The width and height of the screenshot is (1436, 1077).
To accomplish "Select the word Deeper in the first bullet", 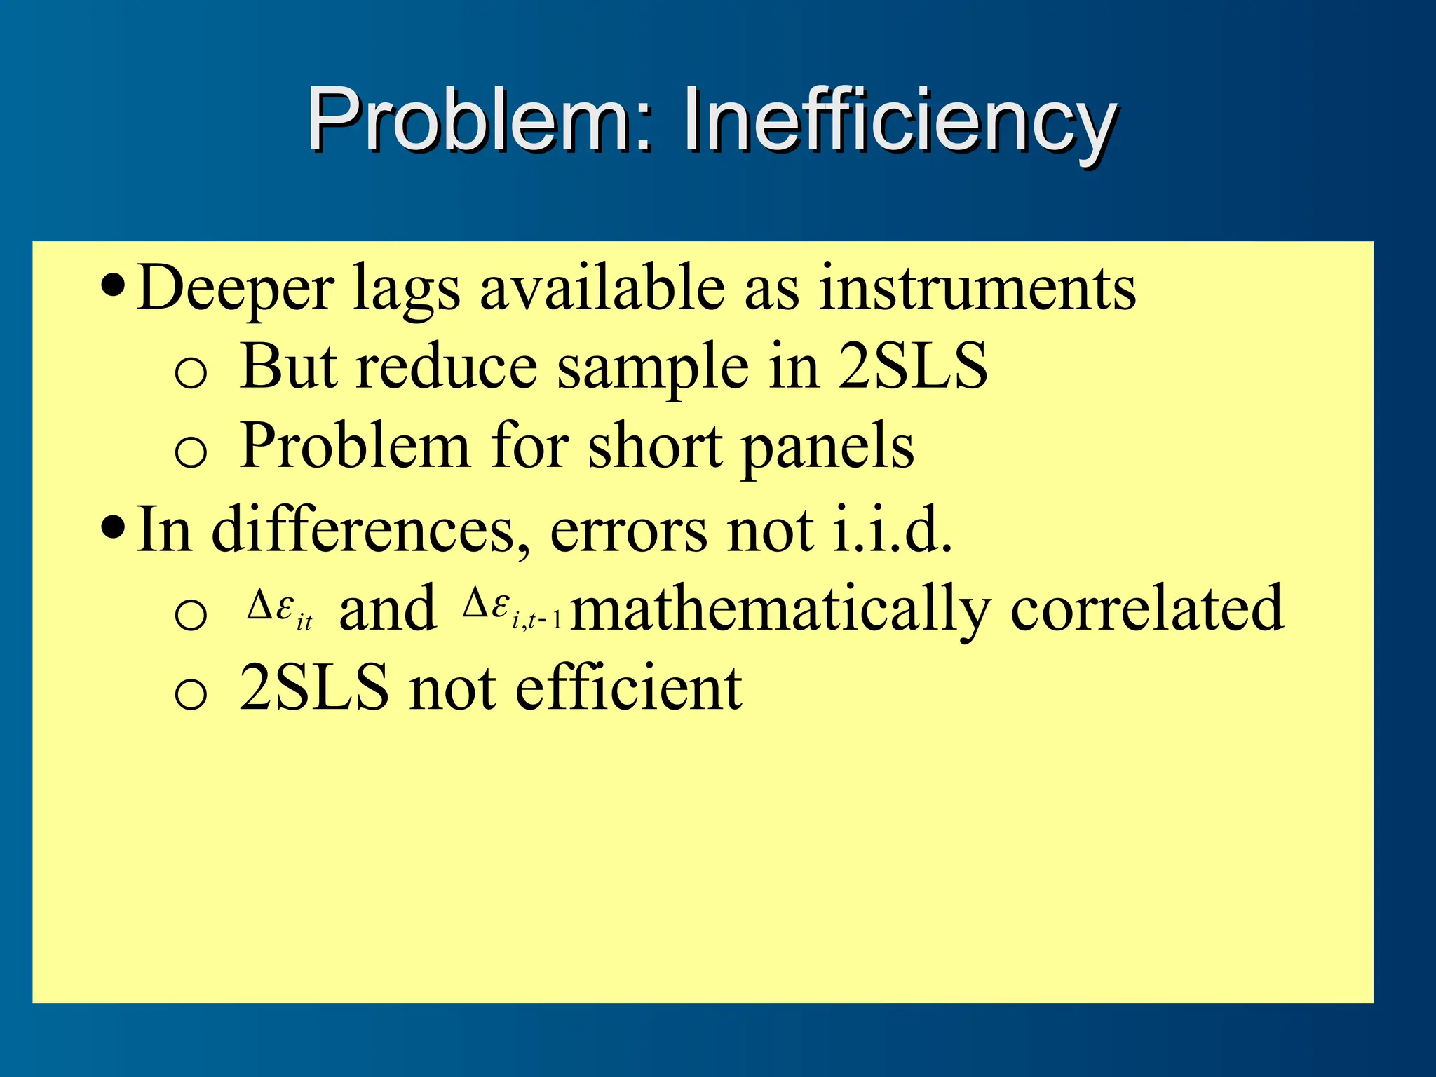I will click(x=236, y=288).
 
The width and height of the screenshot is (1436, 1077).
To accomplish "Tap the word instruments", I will click(x=977, y=288).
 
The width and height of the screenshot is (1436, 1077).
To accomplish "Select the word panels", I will click(x=827, y=449).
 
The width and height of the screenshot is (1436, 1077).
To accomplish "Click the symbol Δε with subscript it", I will click(x=279, y=609).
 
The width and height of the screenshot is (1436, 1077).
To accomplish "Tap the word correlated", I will click(x=1147, y=609).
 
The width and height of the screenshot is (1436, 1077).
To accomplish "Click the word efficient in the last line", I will click(x=628, y=688).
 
